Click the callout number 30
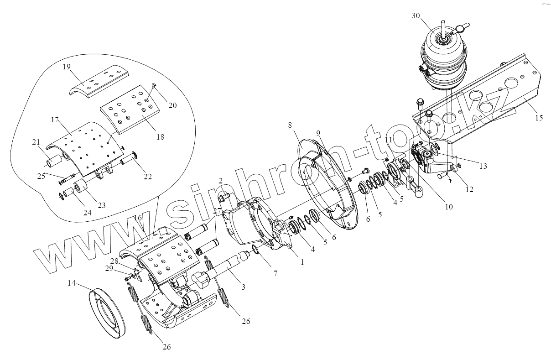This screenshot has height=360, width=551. [x=415, y=15]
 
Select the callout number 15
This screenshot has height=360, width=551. [x=539, y=118]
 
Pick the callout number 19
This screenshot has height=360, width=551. [x=67, y=67]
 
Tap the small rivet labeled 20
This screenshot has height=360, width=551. [x=153, y=85]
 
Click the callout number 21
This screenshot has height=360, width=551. [x=36, y=142]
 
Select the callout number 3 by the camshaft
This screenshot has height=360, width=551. [x=243, y=287]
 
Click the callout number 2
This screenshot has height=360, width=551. [x=221, y=181]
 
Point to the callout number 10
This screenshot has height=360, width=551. [x=448, y=207]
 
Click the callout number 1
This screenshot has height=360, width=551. [x=301, y=262]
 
